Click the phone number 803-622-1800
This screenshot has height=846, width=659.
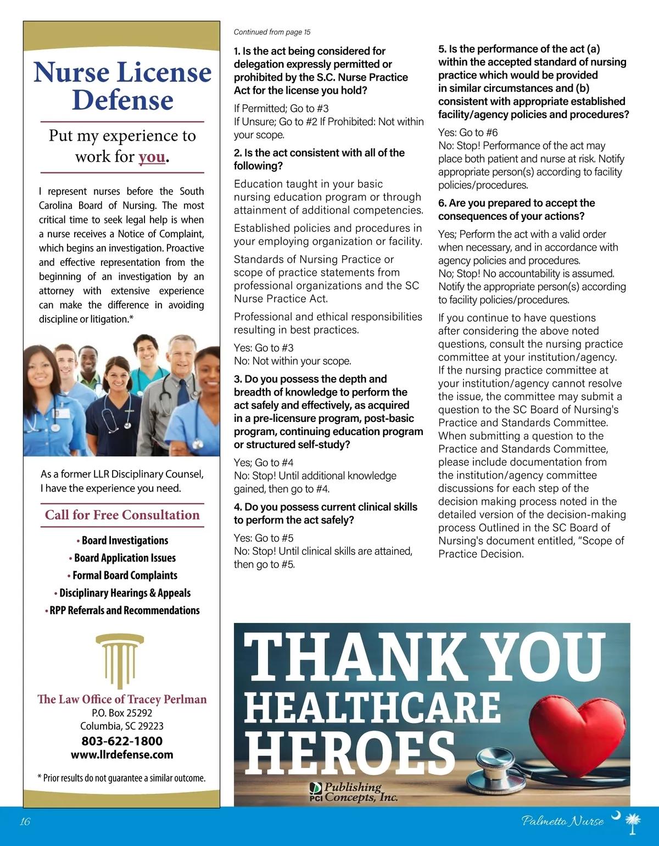click(122, 741)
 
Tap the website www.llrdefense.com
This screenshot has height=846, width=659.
click(122, 755)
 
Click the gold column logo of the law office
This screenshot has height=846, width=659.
click(120, 659)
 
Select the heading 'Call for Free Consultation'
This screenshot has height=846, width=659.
click(122, 515)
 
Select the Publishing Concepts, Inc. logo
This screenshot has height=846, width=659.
click(354, 792)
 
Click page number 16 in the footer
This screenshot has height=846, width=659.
click(25, 822)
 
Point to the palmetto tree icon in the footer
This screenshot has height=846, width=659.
click(633, 824)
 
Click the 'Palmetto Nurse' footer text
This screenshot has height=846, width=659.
click(562, 822)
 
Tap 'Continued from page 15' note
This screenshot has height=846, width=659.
click(272, 32)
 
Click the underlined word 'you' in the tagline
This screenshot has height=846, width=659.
click(152, 157)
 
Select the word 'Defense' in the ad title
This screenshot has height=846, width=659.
click(122, 100)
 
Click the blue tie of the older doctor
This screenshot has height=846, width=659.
click(183, 393)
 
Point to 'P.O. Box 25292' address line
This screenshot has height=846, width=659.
click(122, 713)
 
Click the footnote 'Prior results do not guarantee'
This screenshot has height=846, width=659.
click(121, 778)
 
